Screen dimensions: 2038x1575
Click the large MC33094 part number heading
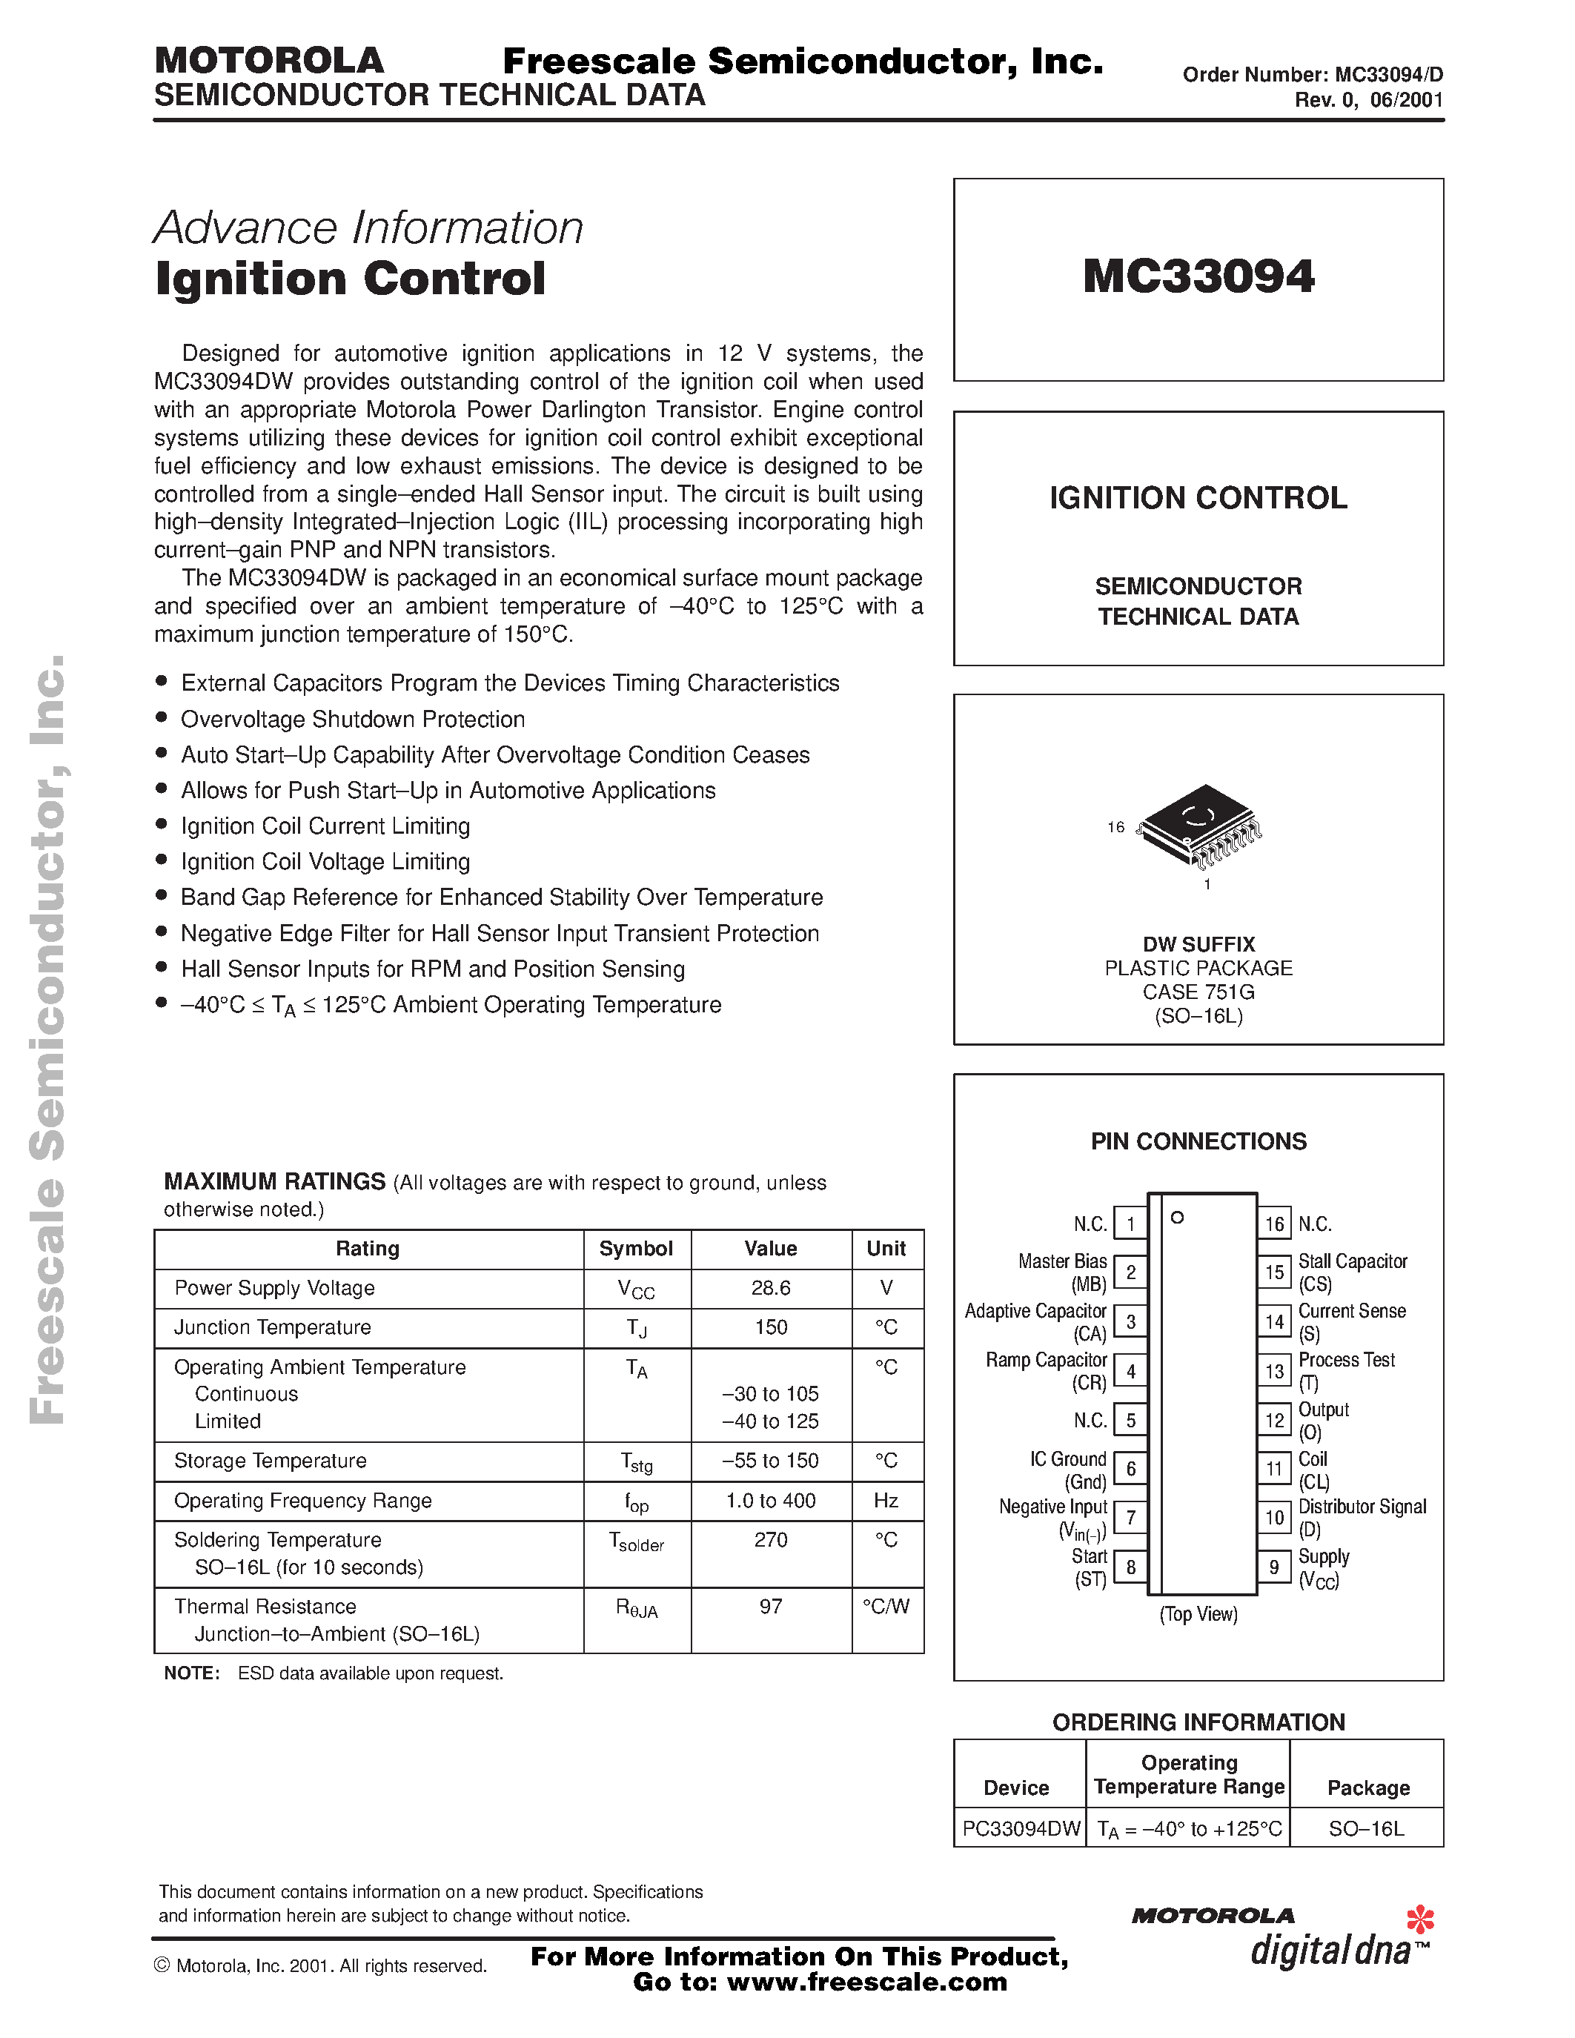[1198, 277]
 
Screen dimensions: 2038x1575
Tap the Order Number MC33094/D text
[1312, 76]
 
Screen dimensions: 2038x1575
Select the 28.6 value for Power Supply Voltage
[770, 1288]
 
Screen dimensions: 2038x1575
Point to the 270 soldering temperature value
[770, 1540]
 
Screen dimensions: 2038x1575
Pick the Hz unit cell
[886, 1501]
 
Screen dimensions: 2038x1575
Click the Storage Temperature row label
[270, 1461]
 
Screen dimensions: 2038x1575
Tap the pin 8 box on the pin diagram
[1131, 1567]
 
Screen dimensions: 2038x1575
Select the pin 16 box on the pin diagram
[1275, 1224]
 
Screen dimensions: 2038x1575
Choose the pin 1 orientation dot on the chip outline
[1178, 1217]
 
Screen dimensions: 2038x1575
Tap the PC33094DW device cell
[1021, 1828]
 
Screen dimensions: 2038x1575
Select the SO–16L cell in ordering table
[1366, 1828]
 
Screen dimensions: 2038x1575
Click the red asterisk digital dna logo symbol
[1419, 1919]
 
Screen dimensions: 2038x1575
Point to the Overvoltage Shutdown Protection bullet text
[353, 719]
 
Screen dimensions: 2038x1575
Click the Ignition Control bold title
[350, 278]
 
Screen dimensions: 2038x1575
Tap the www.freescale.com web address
[867, 1982]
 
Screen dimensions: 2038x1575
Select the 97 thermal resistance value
[770, 1606]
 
